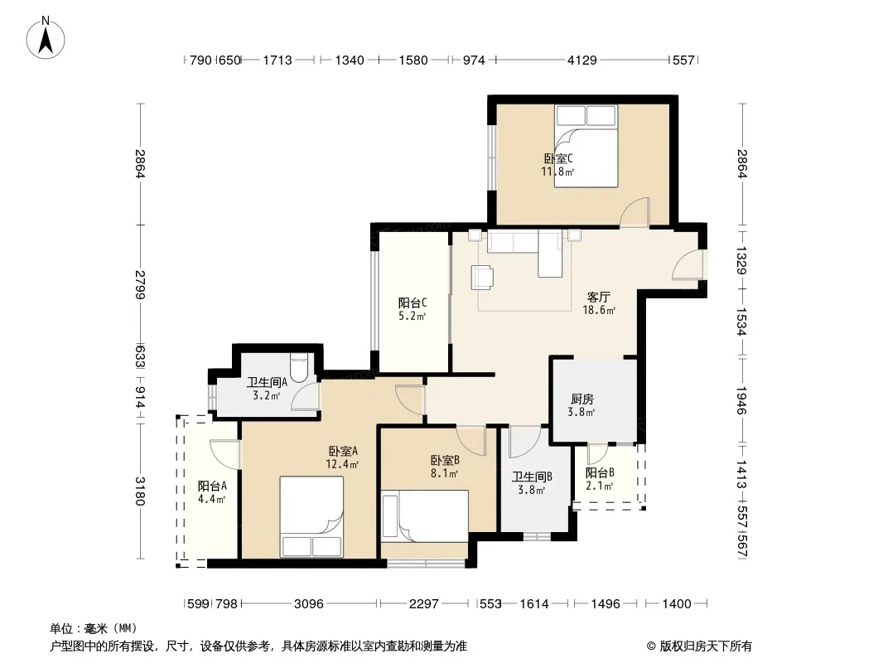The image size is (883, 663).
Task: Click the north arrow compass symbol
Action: pos(46,38)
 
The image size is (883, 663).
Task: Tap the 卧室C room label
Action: pos(558,159)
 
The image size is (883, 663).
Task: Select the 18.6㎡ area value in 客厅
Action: pos(599,310)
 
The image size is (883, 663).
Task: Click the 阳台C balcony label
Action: pos(413,302)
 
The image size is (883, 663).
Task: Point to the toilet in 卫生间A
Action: pos(298,367)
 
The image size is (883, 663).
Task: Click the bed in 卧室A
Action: pos(311,516)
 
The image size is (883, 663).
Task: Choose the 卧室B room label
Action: pos(445,460)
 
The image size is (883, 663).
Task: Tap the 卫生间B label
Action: pos(532,477)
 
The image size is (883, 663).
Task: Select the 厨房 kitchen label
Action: pos(581,399)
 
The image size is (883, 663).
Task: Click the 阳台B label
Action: pos(600,472)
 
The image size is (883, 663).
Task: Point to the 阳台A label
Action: pos(212,486)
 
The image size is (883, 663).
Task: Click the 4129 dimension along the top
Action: pos(581,60)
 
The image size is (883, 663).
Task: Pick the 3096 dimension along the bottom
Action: pos(309,604)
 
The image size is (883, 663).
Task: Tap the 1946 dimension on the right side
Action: pos(741,400)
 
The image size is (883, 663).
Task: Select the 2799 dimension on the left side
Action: pos(140,285)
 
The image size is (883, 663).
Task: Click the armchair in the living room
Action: pos(483,277)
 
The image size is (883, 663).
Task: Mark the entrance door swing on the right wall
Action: pos(688,264)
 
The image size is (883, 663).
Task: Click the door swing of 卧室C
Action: pos(635,212)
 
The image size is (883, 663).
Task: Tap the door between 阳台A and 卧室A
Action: pos(225,453)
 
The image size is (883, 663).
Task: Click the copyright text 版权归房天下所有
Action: pos(706,646)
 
